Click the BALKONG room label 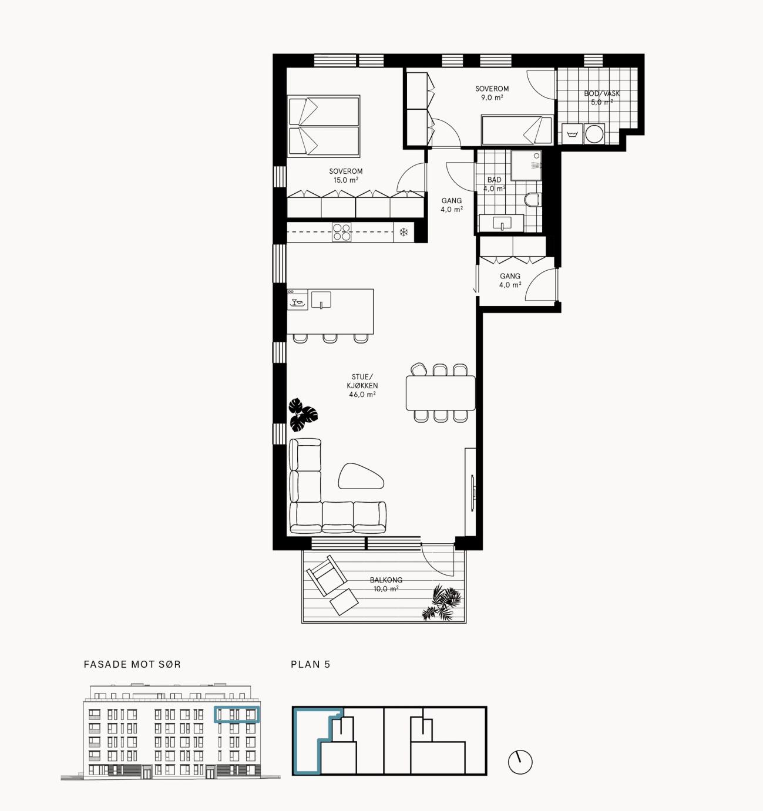tap(386, 580)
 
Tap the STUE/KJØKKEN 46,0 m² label tap(362, 385)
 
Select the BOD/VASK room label tap(601, 93)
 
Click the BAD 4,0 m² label tap(494, 184)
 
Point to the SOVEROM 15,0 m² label tap(345, 176)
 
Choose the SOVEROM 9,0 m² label tap(492, 93)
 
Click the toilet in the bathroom tap(532, 200)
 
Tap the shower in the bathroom tap(526, 166)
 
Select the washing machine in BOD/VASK tap(594, 133)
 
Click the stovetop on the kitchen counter tap(341, 232)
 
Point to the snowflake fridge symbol tap(404, 233)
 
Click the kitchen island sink tap(321, 300)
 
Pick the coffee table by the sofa tap(361, 476)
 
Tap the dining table tap(441, 393)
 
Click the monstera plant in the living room tap(302, 415)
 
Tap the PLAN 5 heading tap(311, 664)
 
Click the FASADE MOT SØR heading tap(132, 664)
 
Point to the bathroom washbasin tap(502, 223)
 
